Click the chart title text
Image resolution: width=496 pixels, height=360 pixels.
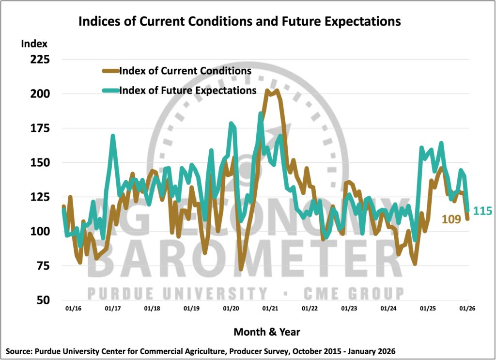239,22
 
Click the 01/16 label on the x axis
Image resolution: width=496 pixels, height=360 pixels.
73,308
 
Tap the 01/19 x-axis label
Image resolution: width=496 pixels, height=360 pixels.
191,308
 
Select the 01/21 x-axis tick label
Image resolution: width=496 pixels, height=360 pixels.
269,308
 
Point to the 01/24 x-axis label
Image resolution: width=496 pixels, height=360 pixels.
388,308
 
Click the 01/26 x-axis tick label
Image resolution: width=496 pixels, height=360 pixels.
466,308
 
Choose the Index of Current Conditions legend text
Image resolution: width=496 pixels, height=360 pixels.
185,71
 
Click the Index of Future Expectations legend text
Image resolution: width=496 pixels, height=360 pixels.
187,90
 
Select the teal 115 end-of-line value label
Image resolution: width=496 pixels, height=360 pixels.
482,211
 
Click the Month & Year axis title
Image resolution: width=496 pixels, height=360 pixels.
266,332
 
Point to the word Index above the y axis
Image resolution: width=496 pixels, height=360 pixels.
34,44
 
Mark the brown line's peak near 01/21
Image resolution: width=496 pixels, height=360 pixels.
277,90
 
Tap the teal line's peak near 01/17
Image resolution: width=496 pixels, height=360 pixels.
112,136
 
